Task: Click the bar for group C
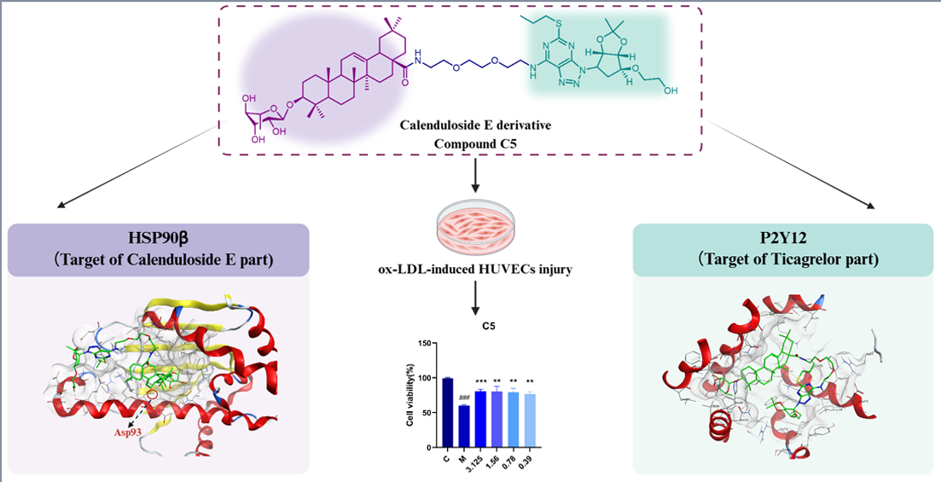click(x=448, y=412)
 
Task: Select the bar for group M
click(x=464, y=426)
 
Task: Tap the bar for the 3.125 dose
click(x=480, y=419)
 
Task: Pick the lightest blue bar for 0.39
click(x=529, y=420)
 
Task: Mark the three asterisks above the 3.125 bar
click(x=480, y=381)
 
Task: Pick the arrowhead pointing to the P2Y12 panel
click(x=872, y=206)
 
